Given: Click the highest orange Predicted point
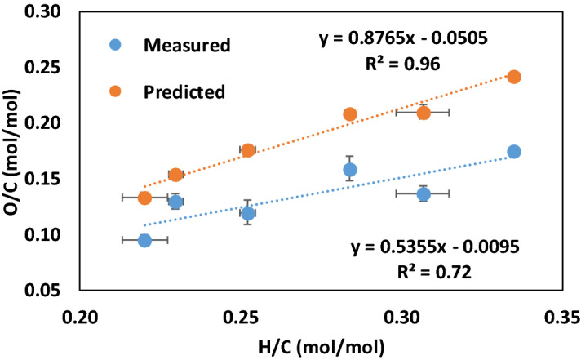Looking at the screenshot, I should tap(514, 77).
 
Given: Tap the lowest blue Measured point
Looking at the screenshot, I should tap(144, 240).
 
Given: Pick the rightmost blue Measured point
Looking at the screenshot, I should tap(514, 152).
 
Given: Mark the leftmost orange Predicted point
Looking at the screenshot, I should tap(144, 198).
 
